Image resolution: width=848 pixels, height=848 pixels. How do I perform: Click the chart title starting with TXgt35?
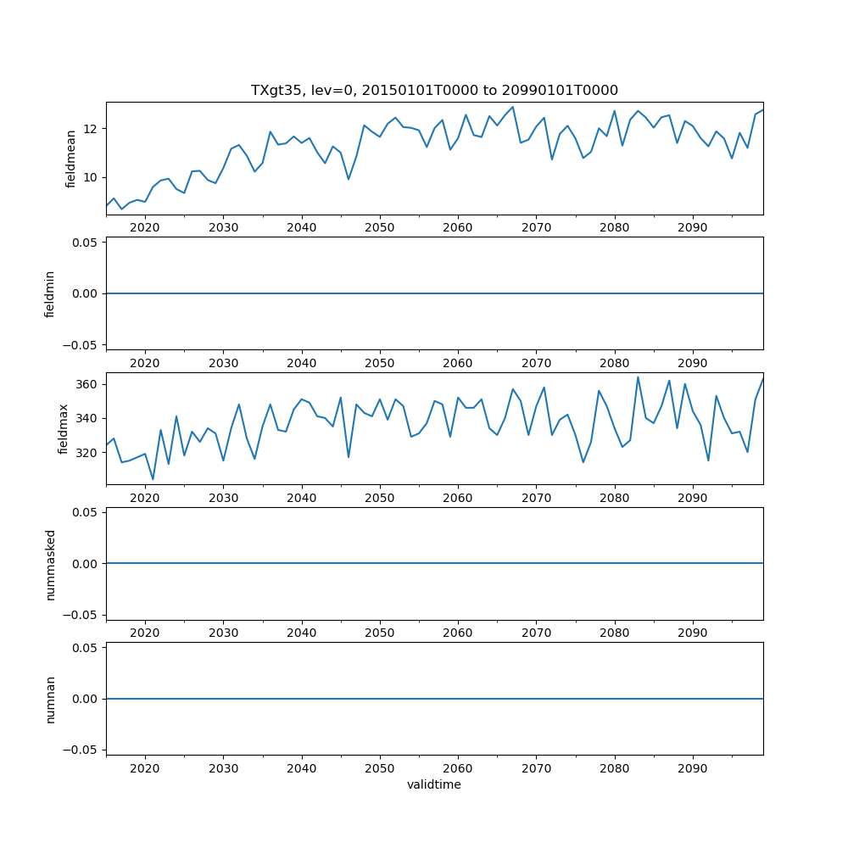(x=434, y=90)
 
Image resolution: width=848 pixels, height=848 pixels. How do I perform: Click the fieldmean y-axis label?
(x=71, y=158)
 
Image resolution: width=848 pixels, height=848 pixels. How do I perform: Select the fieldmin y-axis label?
(x=50, y=293)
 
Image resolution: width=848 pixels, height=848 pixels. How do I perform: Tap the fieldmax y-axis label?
(x=64, y=428)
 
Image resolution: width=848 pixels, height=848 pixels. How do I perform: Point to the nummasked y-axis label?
(x=50, y=563)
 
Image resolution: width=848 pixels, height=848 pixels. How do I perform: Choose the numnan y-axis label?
(x=50, y=699)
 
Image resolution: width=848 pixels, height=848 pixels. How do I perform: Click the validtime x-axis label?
(x=434, y=784)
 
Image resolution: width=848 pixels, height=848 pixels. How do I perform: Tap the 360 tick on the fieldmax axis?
(x=86, y=384)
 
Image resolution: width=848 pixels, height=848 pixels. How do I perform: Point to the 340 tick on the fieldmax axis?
(x=86, y=418)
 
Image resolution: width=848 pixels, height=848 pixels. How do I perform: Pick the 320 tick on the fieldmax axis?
(x=86, y=452)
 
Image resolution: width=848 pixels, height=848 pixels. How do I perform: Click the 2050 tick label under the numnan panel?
(x=380, y=767)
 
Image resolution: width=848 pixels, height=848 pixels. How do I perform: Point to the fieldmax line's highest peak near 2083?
(x=638, y=377)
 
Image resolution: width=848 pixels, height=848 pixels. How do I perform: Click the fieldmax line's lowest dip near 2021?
(x=153, y=479)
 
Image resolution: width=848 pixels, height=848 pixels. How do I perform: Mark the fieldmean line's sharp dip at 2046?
(x=349, y=179)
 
